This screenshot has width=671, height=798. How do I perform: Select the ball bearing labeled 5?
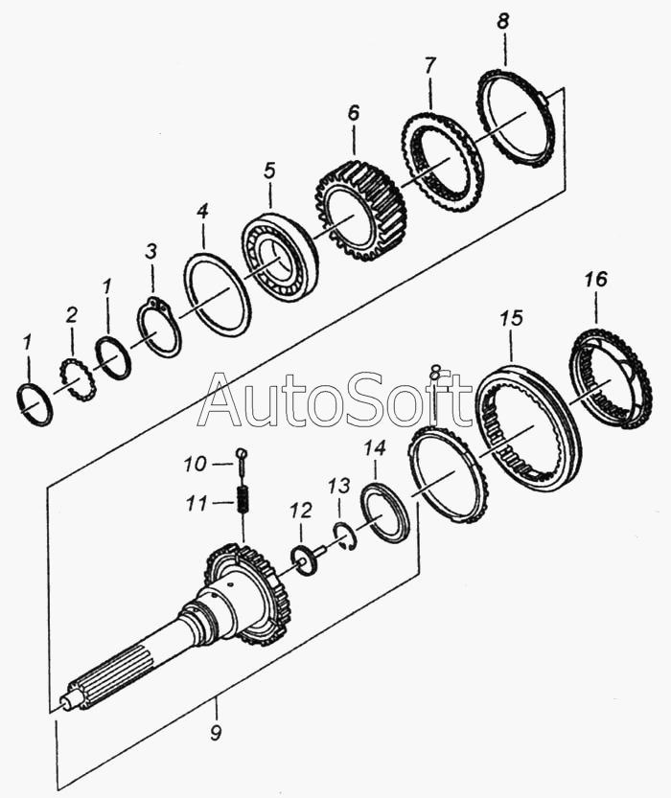279,256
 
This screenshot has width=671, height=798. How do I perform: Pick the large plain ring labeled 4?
217,293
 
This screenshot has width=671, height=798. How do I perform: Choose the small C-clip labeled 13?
347,537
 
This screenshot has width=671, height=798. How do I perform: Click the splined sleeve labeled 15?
528,427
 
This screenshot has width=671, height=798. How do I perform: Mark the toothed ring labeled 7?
442,163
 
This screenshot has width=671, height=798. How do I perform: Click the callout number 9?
216,736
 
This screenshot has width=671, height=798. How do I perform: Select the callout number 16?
595,280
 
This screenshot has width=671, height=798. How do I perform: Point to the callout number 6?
353,113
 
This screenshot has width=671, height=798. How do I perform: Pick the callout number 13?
338,487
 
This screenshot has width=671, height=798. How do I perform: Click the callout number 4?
201,211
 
